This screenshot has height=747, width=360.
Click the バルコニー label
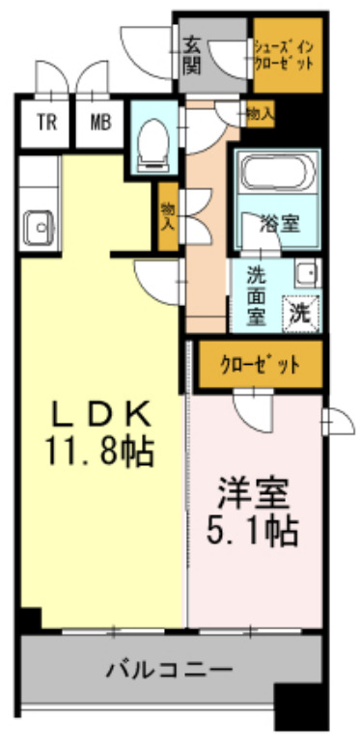click(169, 668)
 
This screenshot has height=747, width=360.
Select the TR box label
click(45, 122)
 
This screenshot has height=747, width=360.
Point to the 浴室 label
click(280, 223)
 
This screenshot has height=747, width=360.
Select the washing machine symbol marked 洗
click(300, 310)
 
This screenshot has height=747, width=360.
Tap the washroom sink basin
click(305, 271)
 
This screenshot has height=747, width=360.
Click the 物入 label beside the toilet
click(168, 215)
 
